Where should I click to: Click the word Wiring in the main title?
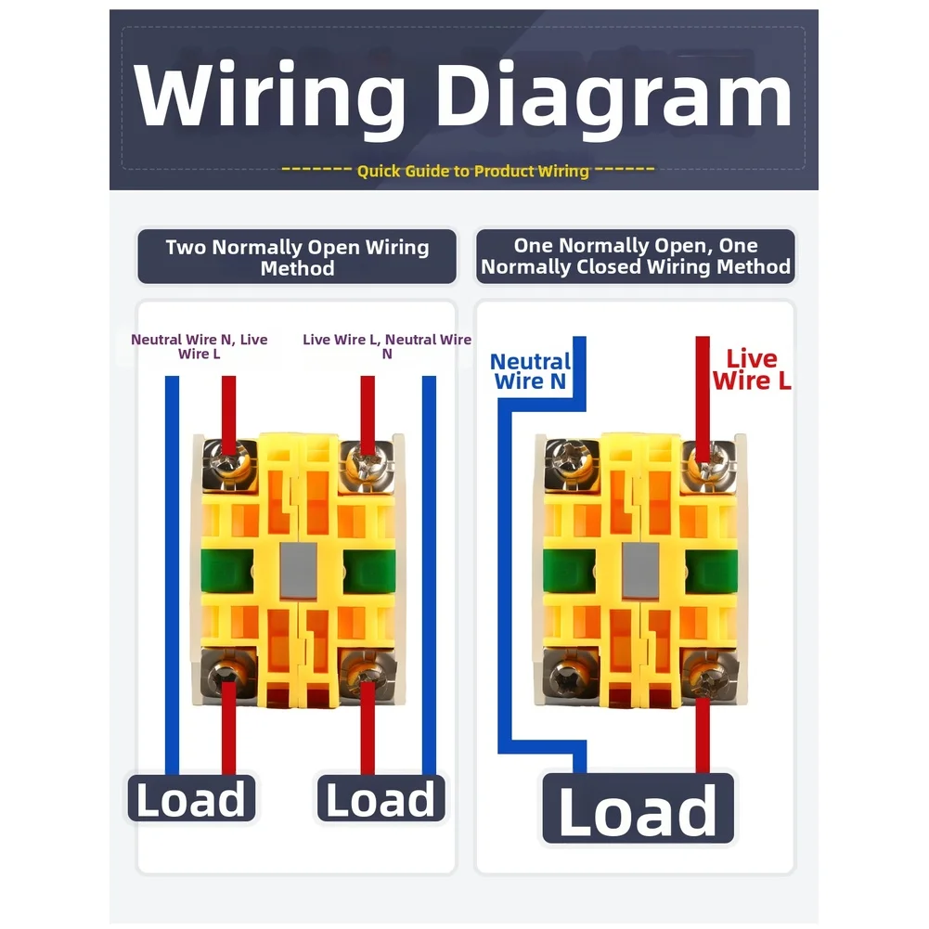[x=269, y=97]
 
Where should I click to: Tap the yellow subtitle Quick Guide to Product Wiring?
[x=472, y=171]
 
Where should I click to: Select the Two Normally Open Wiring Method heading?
[x=297, y=257]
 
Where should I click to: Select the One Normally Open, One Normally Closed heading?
[x=635, y=256]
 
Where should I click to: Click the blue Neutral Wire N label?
[x=530, y=371]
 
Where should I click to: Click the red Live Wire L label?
[x=751, y=369]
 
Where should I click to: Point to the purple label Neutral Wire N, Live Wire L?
[x=199, y=346]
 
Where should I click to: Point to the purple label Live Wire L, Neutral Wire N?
[x=387, y=346]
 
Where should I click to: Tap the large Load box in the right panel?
[x=639, y=808]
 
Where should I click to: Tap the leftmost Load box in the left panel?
[x=191, y=798]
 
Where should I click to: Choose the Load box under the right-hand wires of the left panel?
[x=381, y=798]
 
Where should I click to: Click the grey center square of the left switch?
[x=298, y=570]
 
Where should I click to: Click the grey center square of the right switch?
[x=640, y=570]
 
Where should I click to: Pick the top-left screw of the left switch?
[x=229, y=464]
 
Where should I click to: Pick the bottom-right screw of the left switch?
[x=368, y=675]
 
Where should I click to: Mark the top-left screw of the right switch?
[x=571, y=464]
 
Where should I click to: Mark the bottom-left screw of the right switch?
[x=569, y=675]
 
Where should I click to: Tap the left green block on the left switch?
[x=227, y=571]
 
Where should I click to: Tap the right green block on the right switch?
[x=712, y=571]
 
